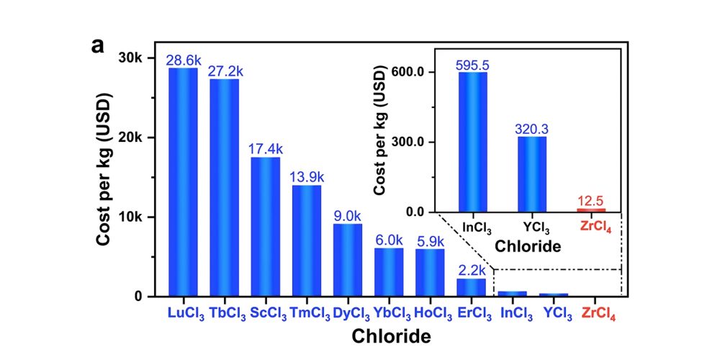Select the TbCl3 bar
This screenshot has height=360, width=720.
(224, 187)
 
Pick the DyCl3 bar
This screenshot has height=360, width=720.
(348, 259)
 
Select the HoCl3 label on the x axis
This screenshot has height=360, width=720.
(431, 315)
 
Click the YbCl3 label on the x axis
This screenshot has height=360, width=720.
(390, 315)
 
